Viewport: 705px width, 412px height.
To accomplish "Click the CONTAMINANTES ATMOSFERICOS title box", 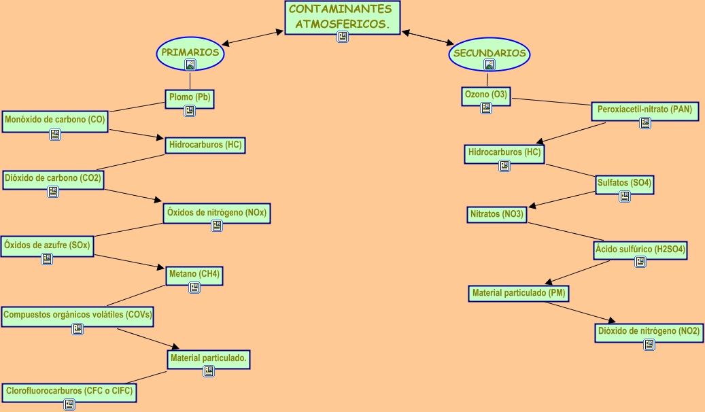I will click(342, 17).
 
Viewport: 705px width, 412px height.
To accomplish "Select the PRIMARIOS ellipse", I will click(190, 52).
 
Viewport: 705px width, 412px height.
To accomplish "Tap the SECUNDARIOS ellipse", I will click(489, 53).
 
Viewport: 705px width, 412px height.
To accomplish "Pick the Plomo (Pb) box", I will click(190, 97).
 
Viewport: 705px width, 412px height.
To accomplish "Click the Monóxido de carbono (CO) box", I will click(55, 120).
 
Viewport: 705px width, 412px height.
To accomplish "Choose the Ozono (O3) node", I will click(485, 95).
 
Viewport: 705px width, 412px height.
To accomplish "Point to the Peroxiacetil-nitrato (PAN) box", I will click(644, 109).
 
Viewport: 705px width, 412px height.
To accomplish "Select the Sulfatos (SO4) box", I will click(624, 183).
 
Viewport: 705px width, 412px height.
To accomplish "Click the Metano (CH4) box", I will click(194, 275).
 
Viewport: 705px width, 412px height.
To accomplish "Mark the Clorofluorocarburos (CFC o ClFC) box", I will click(69, 391).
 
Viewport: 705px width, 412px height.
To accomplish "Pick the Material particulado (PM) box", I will click(519, 293).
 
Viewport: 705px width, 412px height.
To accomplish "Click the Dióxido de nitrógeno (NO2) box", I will click(649, 332).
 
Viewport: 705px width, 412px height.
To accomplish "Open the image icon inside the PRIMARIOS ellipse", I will click(190, 65).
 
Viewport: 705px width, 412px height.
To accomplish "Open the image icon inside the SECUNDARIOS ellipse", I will click(489, 65).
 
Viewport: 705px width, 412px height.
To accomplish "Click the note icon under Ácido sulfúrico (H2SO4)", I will click(640, 262).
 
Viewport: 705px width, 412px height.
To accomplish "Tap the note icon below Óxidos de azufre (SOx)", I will click(47, 259).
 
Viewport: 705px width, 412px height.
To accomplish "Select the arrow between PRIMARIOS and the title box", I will click(252, 38).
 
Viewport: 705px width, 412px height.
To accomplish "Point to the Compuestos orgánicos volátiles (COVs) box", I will click(78, 315).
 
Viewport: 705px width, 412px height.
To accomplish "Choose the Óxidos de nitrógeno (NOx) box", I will click(217, 213).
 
